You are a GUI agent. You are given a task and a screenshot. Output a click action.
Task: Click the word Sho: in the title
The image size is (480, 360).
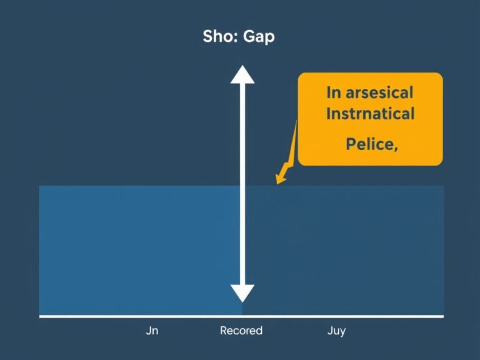tap(219, 36)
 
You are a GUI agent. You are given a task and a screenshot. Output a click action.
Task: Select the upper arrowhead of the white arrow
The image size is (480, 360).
tap(242, 75)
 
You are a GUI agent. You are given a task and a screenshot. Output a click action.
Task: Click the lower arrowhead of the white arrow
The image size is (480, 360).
tap(242, 292)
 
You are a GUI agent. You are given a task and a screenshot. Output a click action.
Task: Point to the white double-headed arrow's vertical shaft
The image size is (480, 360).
tap(242, 187)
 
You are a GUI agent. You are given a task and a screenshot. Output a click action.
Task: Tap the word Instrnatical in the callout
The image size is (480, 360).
tap(370, 114)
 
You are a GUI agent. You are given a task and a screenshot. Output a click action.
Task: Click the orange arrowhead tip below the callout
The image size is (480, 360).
tap(279, 182)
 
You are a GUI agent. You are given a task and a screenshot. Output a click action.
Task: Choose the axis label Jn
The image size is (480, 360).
tap(152, 331)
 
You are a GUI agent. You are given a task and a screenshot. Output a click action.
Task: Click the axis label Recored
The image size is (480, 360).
tap(241, 331)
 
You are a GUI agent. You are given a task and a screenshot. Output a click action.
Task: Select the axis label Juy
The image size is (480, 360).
tap(336, 331)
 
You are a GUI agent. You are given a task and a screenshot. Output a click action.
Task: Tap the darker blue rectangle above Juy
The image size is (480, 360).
tap(344, 250)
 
